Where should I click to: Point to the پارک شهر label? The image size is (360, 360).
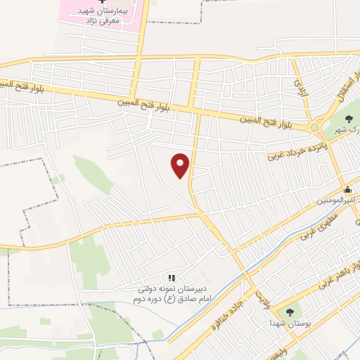[x=351, y=131]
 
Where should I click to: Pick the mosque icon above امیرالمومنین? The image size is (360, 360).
[x=347, y=189]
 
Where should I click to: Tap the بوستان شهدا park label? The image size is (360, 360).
[x=291, y=323]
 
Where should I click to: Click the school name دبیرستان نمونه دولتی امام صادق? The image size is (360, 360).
[x=167, y=294]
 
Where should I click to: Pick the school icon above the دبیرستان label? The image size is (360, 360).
[x=172, y=278]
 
